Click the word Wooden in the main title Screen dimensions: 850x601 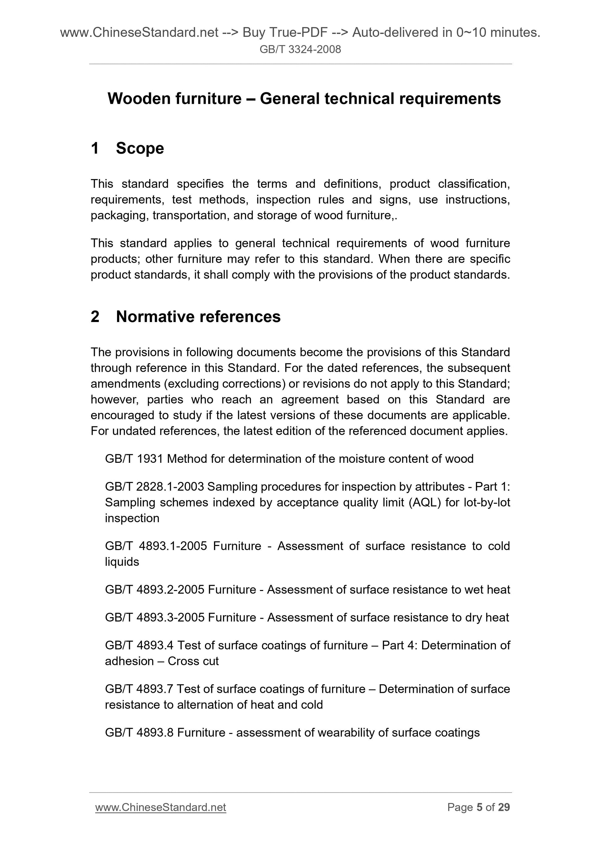point(137,98)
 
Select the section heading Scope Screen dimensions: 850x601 point(140,149)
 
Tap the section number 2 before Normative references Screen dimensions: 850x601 point(95,316)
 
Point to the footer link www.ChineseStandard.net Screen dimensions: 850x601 point(160,807)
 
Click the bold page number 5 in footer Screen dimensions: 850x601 point(480,807)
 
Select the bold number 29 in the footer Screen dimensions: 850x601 point(504,807)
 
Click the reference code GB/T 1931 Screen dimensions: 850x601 point(134,459)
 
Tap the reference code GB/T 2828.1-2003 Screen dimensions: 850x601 point(154,487)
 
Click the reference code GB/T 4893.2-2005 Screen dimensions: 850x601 point(154,589)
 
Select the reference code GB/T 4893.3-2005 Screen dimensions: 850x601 point(154,617)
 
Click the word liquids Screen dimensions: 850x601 point(122,562)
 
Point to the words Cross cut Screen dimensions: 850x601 point(193,661)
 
